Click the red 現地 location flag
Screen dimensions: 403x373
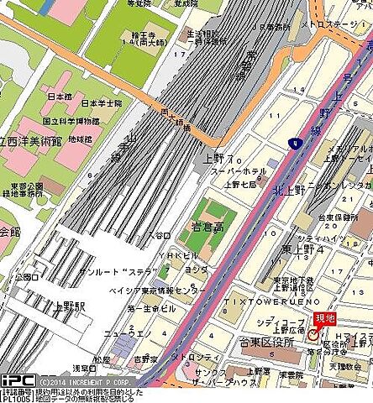[324, 319]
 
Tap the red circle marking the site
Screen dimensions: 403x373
[313, 334]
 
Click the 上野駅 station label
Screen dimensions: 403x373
[61, 306]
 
